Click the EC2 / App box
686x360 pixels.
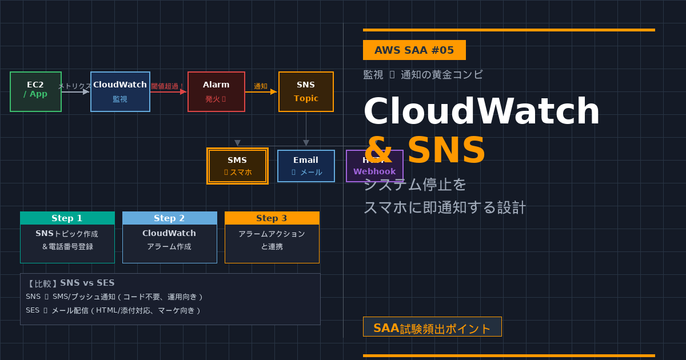click(35, 91)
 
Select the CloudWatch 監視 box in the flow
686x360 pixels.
click(120, 91)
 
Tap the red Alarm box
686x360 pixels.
click(216, 91)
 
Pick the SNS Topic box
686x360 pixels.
click(306, 91)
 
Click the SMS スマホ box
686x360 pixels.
click(237, 166)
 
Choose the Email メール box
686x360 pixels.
click(306, 166)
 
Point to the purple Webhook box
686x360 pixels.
click(374, 166)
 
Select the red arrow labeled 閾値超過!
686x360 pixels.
click(169, 91)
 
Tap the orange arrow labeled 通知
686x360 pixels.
click(262, 91)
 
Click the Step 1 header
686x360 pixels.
click(67, 218)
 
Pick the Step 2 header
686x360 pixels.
click(170, 218)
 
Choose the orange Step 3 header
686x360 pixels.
click(272, 218)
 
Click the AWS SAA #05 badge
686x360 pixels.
click(414, 50)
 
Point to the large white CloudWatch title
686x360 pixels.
click(481, 111)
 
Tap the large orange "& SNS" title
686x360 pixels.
click(424, 150)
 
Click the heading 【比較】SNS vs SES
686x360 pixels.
click(71, 283)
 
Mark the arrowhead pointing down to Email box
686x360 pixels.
click(306, 143)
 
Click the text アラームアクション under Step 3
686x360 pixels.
click(272, 234)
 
